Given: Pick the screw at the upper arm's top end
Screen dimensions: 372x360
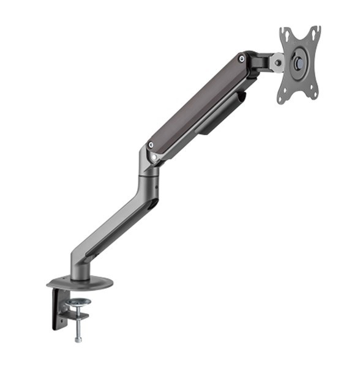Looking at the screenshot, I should coord(244,59).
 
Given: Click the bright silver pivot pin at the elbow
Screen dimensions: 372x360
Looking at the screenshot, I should coord(154,157).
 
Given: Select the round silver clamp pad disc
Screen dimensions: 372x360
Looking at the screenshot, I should coord(78,302).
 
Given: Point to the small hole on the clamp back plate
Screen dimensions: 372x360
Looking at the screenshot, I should coord(61,313).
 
